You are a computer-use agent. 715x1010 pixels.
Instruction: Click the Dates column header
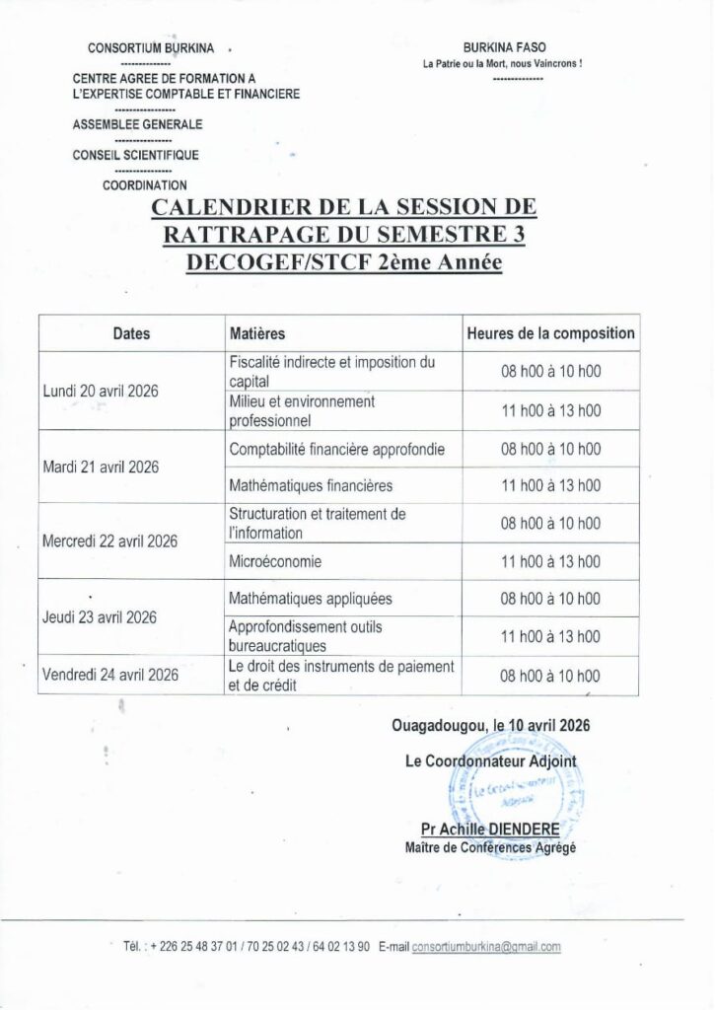[x=131, y=333]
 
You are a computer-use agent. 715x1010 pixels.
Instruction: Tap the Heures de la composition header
[x=550, y=333]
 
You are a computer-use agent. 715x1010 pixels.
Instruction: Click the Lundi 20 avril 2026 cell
[x=102, y=391]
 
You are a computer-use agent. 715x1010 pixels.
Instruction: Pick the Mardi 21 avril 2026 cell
[x=101, y=467]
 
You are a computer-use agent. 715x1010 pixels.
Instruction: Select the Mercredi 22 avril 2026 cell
[x=109, y=542]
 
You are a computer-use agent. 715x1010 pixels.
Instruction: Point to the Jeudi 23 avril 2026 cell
[x=100, y=617]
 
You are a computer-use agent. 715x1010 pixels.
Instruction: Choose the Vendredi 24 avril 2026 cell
[x=110, y=675]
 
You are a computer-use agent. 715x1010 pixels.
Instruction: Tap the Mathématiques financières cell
[x=311, y=485]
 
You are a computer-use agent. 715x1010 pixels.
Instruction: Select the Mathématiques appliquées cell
[x=310, y=599]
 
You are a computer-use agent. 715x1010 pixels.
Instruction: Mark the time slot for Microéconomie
[x=550, y=561]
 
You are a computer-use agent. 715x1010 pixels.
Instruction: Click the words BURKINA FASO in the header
[x=503, y=47]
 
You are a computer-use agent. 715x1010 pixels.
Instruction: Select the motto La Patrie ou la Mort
[x=502, y=64]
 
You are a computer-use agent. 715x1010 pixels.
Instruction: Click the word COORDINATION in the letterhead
[x=144, y=184]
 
